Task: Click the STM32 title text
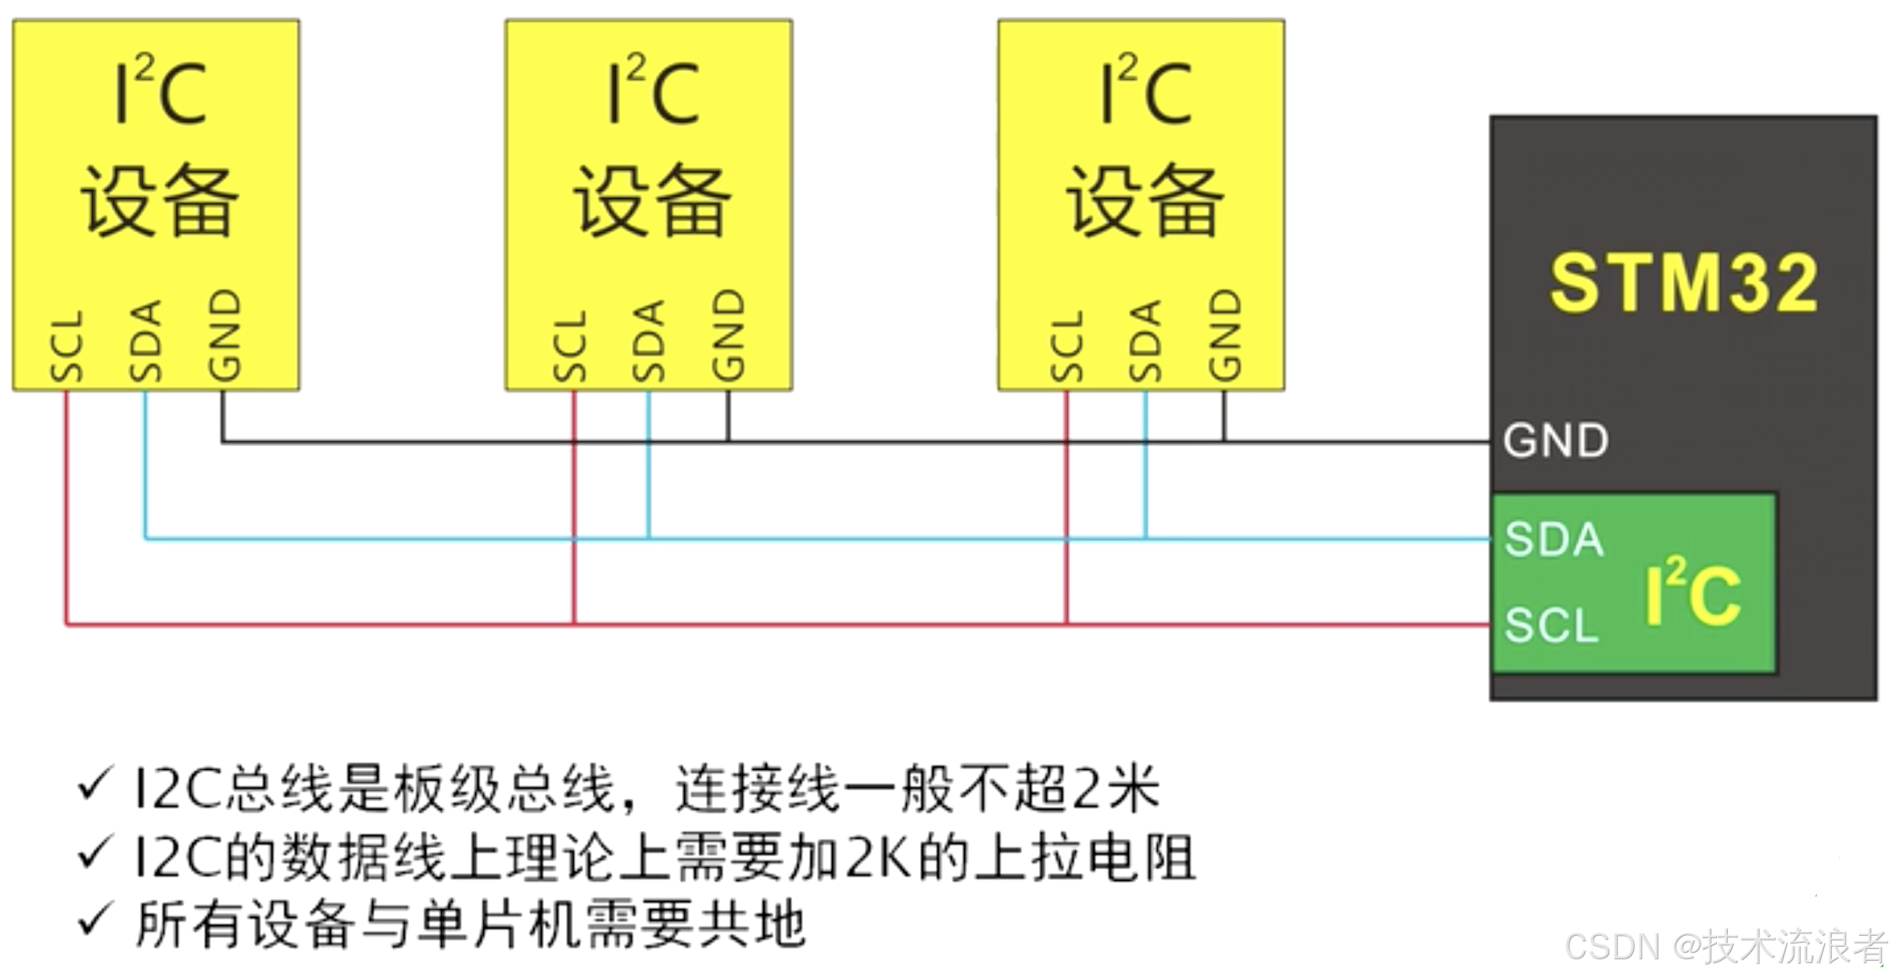click(1682, 283)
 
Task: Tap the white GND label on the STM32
click(1556, 440)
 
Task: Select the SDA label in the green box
click(1554, 540)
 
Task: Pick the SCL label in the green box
click(1552, 626)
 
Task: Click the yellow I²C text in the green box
click(1693, 594)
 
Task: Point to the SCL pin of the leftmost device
click(66, 345)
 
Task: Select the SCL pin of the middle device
click(570, 345)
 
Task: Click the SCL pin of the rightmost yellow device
click(1067, 345)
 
